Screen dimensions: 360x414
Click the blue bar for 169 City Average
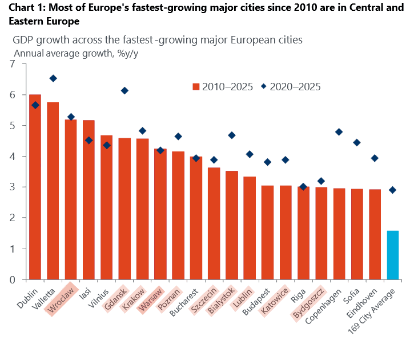393,255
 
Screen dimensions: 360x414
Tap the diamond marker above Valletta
53,78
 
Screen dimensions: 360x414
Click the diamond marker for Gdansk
124,91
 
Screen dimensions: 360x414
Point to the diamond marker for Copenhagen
339,132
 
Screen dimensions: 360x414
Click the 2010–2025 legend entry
223,87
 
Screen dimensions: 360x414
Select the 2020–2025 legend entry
291,87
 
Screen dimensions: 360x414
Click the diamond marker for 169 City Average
392,190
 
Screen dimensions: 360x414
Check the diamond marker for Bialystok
232,135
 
